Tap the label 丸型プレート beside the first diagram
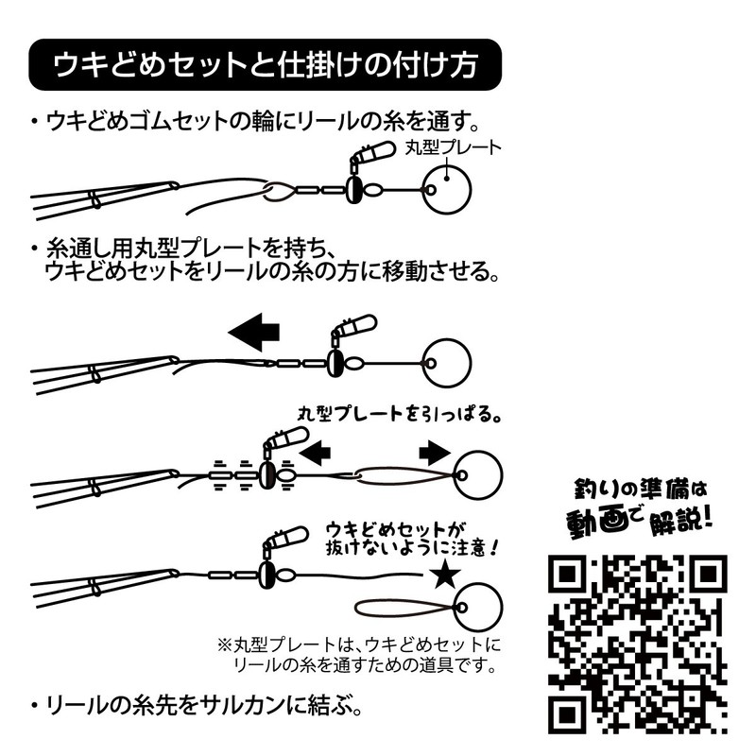tap(452, 148)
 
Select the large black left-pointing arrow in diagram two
tap(255, 332)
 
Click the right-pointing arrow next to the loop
tap(433, 455)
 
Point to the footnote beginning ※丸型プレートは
tap(359, 655)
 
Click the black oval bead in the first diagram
tap(351, 189)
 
